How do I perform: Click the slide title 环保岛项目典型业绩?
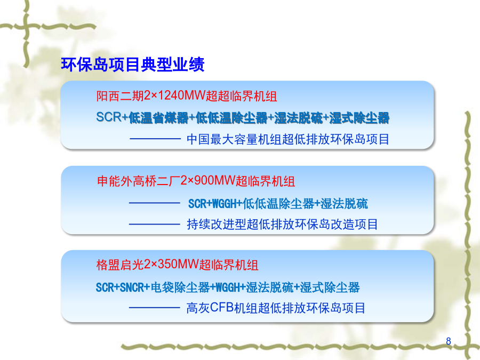(x=133, y=65)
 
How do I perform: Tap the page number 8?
(x=449, y=341)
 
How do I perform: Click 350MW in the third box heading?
(x=178, y=265)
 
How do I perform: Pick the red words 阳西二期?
(x=120, y=96)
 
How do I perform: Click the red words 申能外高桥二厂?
(x=138, y=181)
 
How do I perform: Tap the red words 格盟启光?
(x=120, y=265)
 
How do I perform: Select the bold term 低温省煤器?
(x=158, y=118)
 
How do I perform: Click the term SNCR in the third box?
(x=132, y=287)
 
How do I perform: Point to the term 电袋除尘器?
(x=180, y=287)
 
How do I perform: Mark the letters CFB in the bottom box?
(x=222, y=308)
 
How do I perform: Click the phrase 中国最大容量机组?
(x=234, y=139)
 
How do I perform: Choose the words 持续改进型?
(x=217, y=225)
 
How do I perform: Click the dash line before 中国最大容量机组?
(x=155, y=139)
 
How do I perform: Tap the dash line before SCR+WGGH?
(x=154, y=203)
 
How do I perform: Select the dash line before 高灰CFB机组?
(x=154, y=307)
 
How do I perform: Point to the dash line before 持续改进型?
(x=154, y=225)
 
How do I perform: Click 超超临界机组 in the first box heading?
(x=241, y=96)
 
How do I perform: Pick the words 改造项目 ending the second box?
(x=355, y=225)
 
